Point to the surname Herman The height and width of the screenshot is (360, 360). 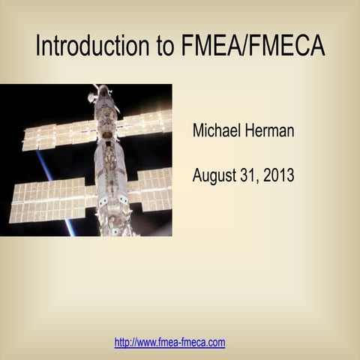pyautogui.click(x=269, y=130)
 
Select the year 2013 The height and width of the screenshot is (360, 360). pyautogui.click(x=279, y=176)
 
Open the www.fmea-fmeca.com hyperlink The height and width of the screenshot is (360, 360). pyautogui.click(x=169, y=343)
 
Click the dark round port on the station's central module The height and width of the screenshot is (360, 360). pyautogui.click(x=107, y=135)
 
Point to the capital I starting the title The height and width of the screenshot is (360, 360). pyautogui.click(x=38, y=46)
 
